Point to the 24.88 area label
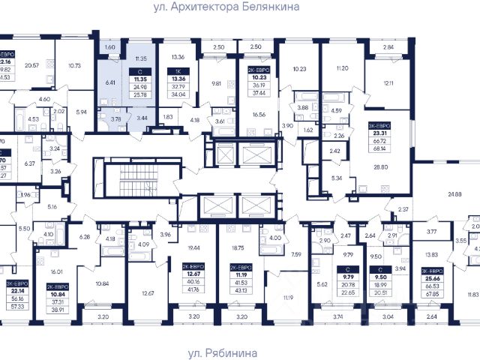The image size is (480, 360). point(454,194)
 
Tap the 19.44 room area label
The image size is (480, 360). point(194,246)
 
